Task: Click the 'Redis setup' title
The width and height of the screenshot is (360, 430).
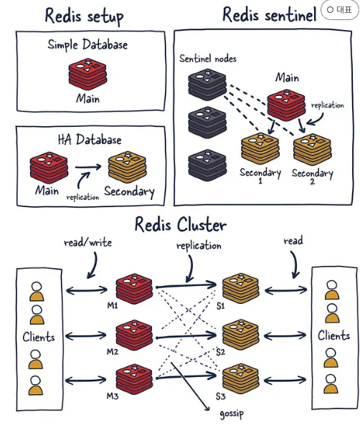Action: click(x=84, y=16)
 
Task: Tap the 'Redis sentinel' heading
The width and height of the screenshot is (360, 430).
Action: click(x=269, y=14)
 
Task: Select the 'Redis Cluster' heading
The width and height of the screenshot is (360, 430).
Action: click(x=181, y=224)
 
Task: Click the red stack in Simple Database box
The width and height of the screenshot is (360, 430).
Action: click(x=87, y=74)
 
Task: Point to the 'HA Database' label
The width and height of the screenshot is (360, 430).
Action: click(x=90, y=140)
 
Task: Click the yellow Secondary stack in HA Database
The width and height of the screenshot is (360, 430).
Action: click(x=128, y=166)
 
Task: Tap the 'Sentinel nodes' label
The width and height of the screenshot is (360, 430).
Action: click(x=208, y=59)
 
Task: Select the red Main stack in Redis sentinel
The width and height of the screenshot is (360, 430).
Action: click(x=286, y=105)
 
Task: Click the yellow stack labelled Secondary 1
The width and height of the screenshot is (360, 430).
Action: click(x=260, y=149)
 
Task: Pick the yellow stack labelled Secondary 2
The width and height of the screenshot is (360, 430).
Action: click(x=312, y=150)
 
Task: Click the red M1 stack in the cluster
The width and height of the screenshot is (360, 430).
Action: click(x=134, y=289)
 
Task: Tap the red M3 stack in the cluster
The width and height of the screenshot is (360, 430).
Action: click(x=134, y=379)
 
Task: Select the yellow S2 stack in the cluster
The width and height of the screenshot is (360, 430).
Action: click(x=241, y=335)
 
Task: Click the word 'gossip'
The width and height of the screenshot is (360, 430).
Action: click(x=232, y=414)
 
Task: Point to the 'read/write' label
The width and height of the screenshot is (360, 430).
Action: click(x=87, y=242)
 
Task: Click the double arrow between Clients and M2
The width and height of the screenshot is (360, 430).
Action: click(x=85, y=335)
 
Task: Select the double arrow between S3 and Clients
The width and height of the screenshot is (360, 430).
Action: click(x=285, y=380)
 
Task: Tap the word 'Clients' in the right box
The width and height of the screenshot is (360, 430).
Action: click(x=333, y=335)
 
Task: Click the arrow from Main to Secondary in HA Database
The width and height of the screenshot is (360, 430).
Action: click(x=88, y=167)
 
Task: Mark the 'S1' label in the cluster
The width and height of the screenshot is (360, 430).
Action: click(x=221, y=306)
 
